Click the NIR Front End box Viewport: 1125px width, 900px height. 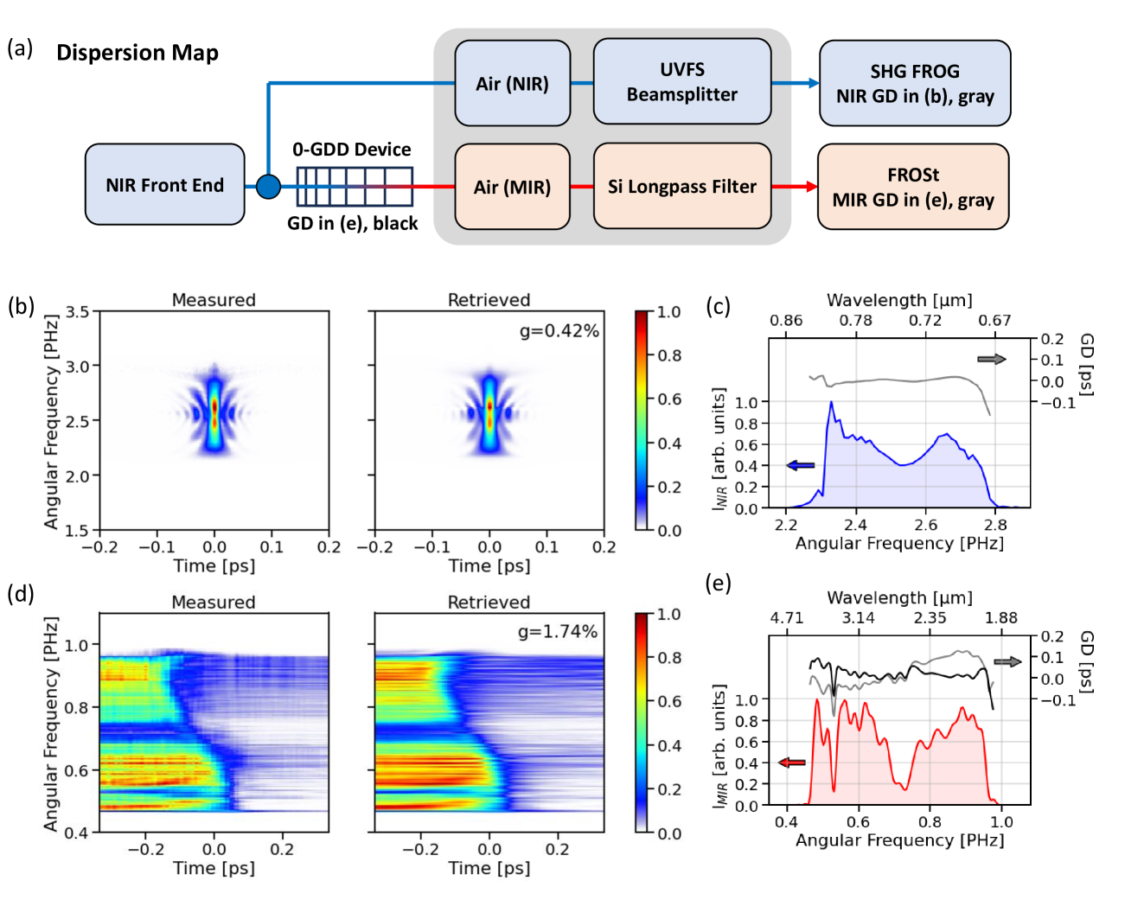pyautogui.click(x=164, y=185)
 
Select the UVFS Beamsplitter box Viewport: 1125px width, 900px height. pyautogui.click(x=681, y=82)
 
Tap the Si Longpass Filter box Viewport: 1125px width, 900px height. pyautogui.click(x=681, y=186)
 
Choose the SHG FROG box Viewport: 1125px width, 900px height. pyautogui.click(x=914, y=83)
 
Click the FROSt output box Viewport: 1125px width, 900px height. pyautogui.click(x=912, y=187)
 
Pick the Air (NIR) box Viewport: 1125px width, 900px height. pyautogui.click(x=512, y=83)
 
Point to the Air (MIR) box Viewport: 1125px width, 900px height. pyautogui.click(x=512, y=187)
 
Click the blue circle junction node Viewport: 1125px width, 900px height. pyautogui.click(x=268, y=186)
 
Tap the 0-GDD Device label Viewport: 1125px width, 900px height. pyautogui.click(x=351, y=150)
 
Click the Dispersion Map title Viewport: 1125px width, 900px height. pyautogui.click(x=137, y=53)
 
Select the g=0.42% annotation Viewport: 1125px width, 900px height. pyautogui.click(x=559, y=331)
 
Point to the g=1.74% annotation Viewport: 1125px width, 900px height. pyautogui.click(x=558, y=632)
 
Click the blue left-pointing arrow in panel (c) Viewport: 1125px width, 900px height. pyautogui.click(x=800, y=466)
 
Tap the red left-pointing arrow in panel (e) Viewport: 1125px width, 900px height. pyautogui.click(x=791, y=763)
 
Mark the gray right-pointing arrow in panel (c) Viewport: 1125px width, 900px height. pyautogui.click(x=991, y=359)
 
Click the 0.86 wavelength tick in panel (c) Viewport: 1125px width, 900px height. pyautogui.click(x=785, y=321)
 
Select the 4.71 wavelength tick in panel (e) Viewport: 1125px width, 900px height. pyautogui.click(x=786, y=618)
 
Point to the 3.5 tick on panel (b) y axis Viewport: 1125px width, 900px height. pyautogui.click(x=78, y=312)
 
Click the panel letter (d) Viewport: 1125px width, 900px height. pyautogui.click(x=21, y=593)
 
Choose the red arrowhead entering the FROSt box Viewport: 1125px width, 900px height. pyautogui.click(x=811, y=186)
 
